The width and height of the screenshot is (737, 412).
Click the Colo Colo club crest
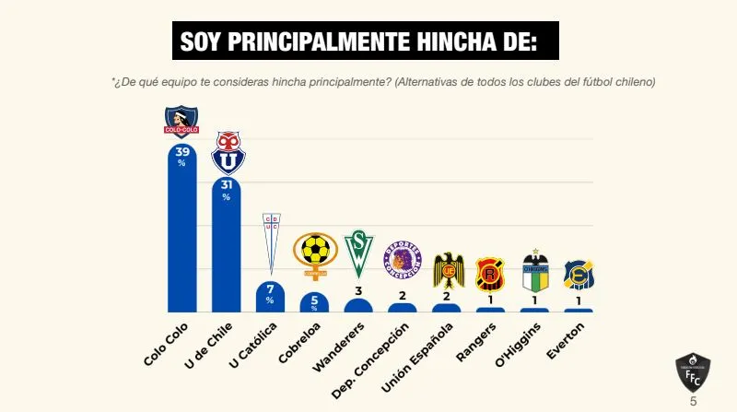click(x=181, y=121)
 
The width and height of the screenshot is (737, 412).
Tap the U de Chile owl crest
click(x=227, y=153)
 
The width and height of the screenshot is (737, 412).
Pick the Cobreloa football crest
click(x=315, y=255)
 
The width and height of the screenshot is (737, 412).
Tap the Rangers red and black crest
click(x=490, y=275)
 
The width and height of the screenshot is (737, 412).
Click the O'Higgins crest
click(x=535, y=272)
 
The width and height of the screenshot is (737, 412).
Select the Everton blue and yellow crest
click(x=579, y=276)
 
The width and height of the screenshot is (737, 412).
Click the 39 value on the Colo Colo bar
click(x=181, y=152)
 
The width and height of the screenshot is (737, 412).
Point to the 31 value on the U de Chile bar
click(x=226, y=184)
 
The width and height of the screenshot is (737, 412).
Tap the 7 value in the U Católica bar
click(x=270, y=288)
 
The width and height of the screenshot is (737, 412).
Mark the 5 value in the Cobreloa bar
click(x=314, y=299)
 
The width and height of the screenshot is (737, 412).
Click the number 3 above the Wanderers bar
click(x=358, y=291)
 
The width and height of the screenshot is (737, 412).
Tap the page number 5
click(x=694, y=402)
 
